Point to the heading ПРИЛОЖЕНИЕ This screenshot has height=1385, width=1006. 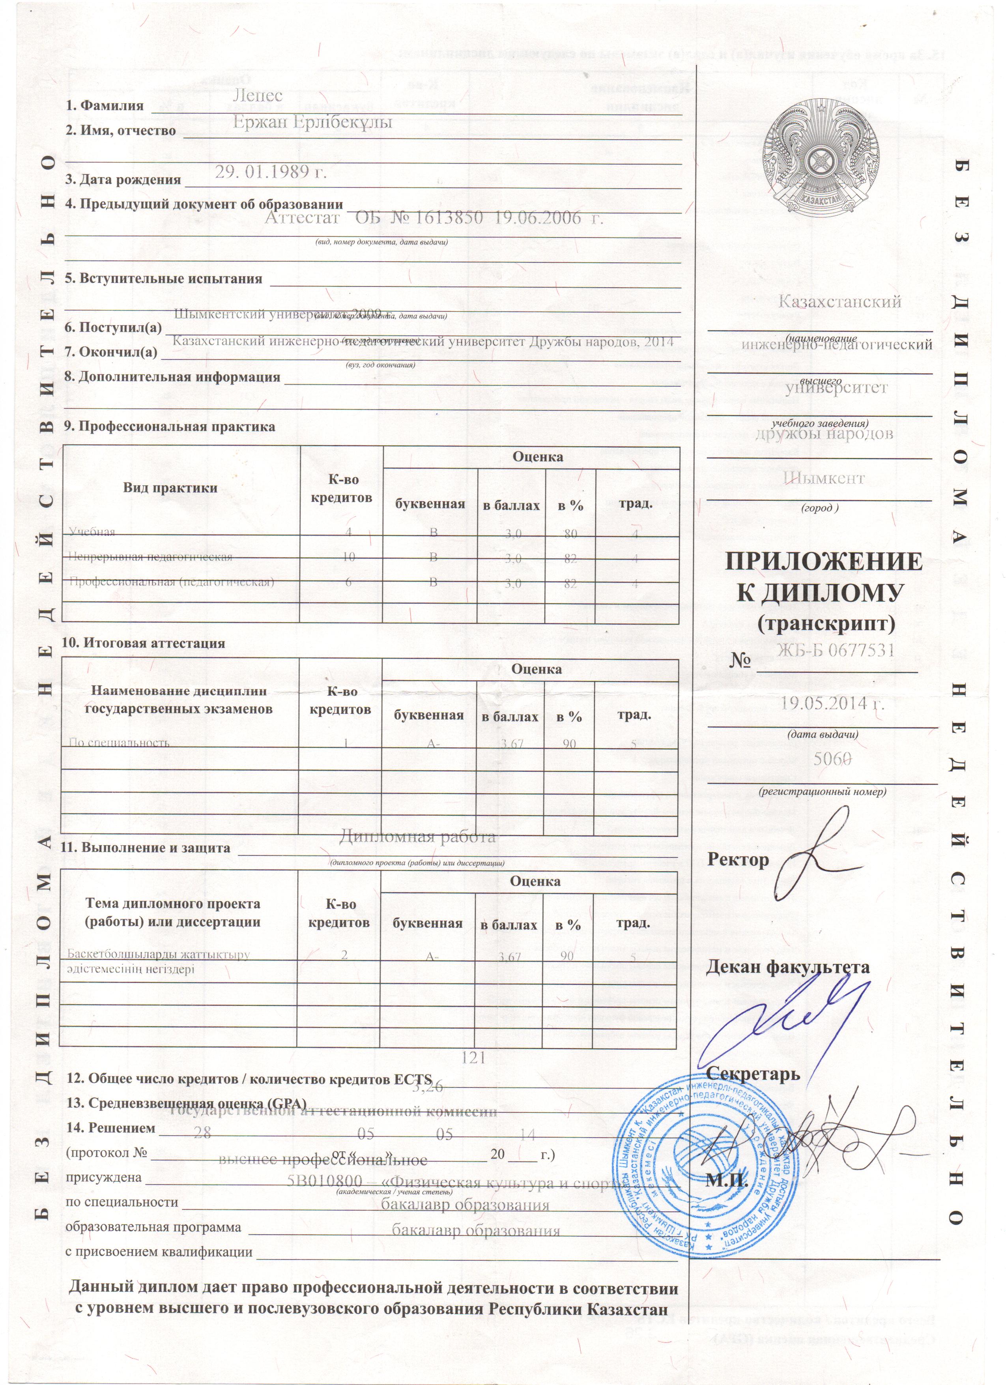click(x=823, y=562)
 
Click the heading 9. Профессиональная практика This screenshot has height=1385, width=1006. click(x=170, y=426)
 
